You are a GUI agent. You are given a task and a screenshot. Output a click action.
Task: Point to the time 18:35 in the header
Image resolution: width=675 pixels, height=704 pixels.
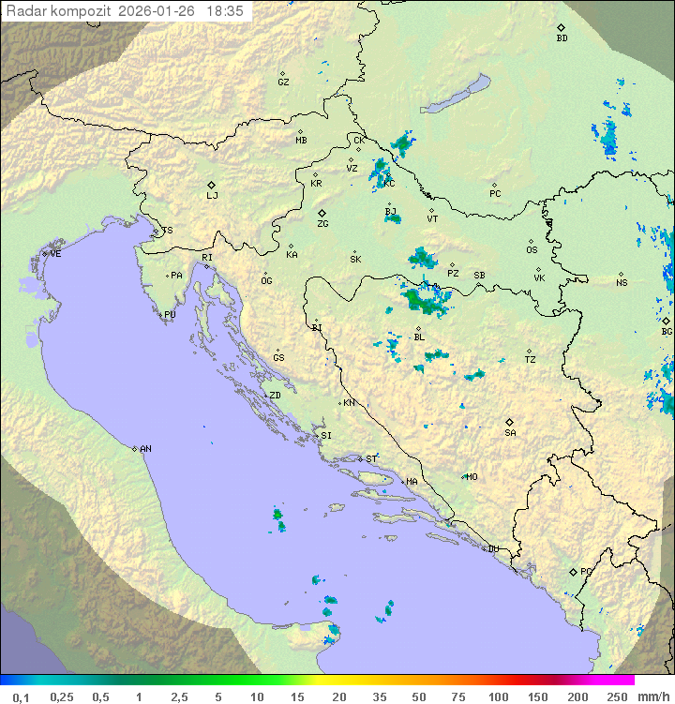225,11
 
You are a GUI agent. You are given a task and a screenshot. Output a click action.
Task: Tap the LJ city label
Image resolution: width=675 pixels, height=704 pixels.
212,196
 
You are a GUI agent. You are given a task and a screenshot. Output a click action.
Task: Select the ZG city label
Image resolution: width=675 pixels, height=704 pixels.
322,224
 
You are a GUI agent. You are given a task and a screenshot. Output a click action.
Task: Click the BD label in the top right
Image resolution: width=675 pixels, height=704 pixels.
562,38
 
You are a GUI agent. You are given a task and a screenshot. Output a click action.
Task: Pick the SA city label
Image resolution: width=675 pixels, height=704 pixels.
510,433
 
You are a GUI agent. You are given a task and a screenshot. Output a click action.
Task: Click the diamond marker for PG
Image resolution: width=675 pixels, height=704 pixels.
573,571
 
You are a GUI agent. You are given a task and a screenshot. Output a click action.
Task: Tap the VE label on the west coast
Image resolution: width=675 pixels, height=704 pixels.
55,254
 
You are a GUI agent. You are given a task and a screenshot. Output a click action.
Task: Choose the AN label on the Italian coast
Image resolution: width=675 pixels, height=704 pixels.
145,449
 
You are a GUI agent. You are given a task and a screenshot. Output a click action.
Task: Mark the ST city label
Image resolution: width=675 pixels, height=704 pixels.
371,459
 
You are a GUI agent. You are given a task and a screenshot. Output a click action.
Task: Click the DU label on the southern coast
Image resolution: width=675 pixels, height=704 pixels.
492,549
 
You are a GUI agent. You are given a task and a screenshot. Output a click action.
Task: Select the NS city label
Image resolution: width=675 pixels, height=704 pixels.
622,283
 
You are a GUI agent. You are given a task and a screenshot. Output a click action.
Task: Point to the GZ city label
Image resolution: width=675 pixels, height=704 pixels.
283,82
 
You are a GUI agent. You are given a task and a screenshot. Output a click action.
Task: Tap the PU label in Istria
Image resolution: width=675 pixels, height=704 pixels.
170,316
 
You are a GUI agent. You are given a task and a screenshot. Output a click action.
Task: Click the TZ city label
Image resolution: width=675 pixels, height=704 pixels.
531,360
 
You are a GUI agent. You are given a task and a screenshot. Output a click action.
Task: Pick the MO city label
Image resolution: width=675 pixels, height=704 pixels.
472,477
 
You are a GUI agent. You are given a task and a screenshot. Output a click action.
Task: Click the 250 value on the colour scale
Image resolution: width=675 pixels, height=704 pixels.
617,697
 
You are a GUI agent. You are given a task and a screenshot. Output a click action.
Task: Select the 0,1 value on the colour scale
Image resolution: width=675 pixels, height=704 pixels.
21,697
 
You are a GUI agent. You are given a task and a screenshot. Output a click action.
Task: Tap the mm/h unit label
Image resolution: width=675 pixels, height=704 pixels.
653,697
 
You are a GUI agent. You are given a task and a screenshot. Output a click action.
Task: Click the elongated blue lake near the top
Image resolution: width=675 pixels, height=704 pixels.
453,95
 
